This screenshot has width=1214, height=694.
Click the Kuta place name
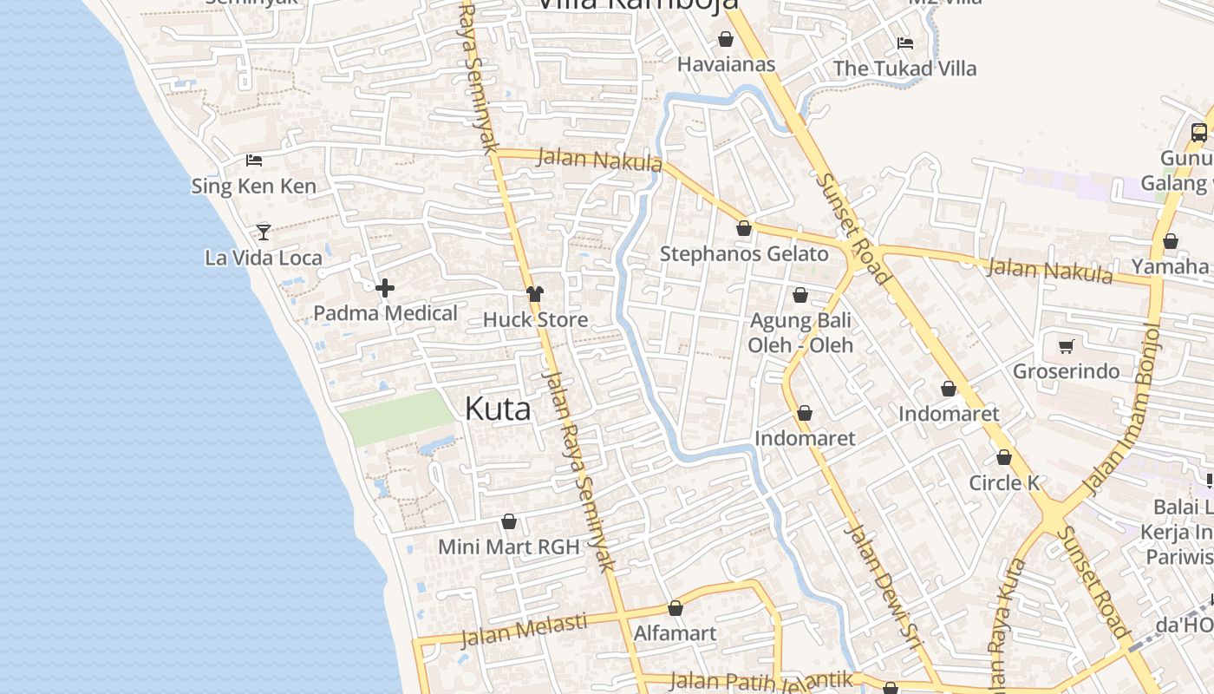[498, 409]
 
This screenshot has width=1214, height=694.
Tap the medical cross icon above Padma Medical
[385, 287]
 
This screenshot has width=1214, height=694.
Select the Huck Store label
[535, 319]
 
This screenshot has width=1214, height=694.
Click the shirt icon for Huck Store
[535, 294]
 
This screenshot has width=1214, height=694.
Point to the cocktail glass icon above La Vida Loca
[264, 232]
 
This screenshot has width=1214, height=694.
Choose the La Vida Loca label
[264, 258]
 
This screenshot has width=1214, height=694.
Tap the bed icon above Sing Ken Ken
[254, 160]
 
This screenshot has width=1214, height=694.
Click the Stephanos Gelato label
[744, 254]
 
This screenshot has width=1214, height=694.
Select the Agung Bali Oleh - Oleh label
[800, 332]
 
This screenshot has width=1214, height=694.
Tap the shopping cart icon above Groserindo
[1067, 346]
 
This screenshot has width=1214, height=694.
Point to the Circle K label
[1004, 483]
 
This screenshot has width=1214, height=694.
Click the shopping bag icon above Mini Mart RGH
[509, 521]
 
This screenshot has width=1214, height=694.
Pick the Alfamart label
[676, 633]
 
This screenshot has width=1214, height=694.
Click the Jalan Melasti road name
[523, 631]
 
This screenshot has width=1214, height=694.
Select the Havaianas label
[726, 64]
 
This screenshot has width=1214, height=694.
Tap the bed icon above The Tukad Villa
[905, 43]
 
